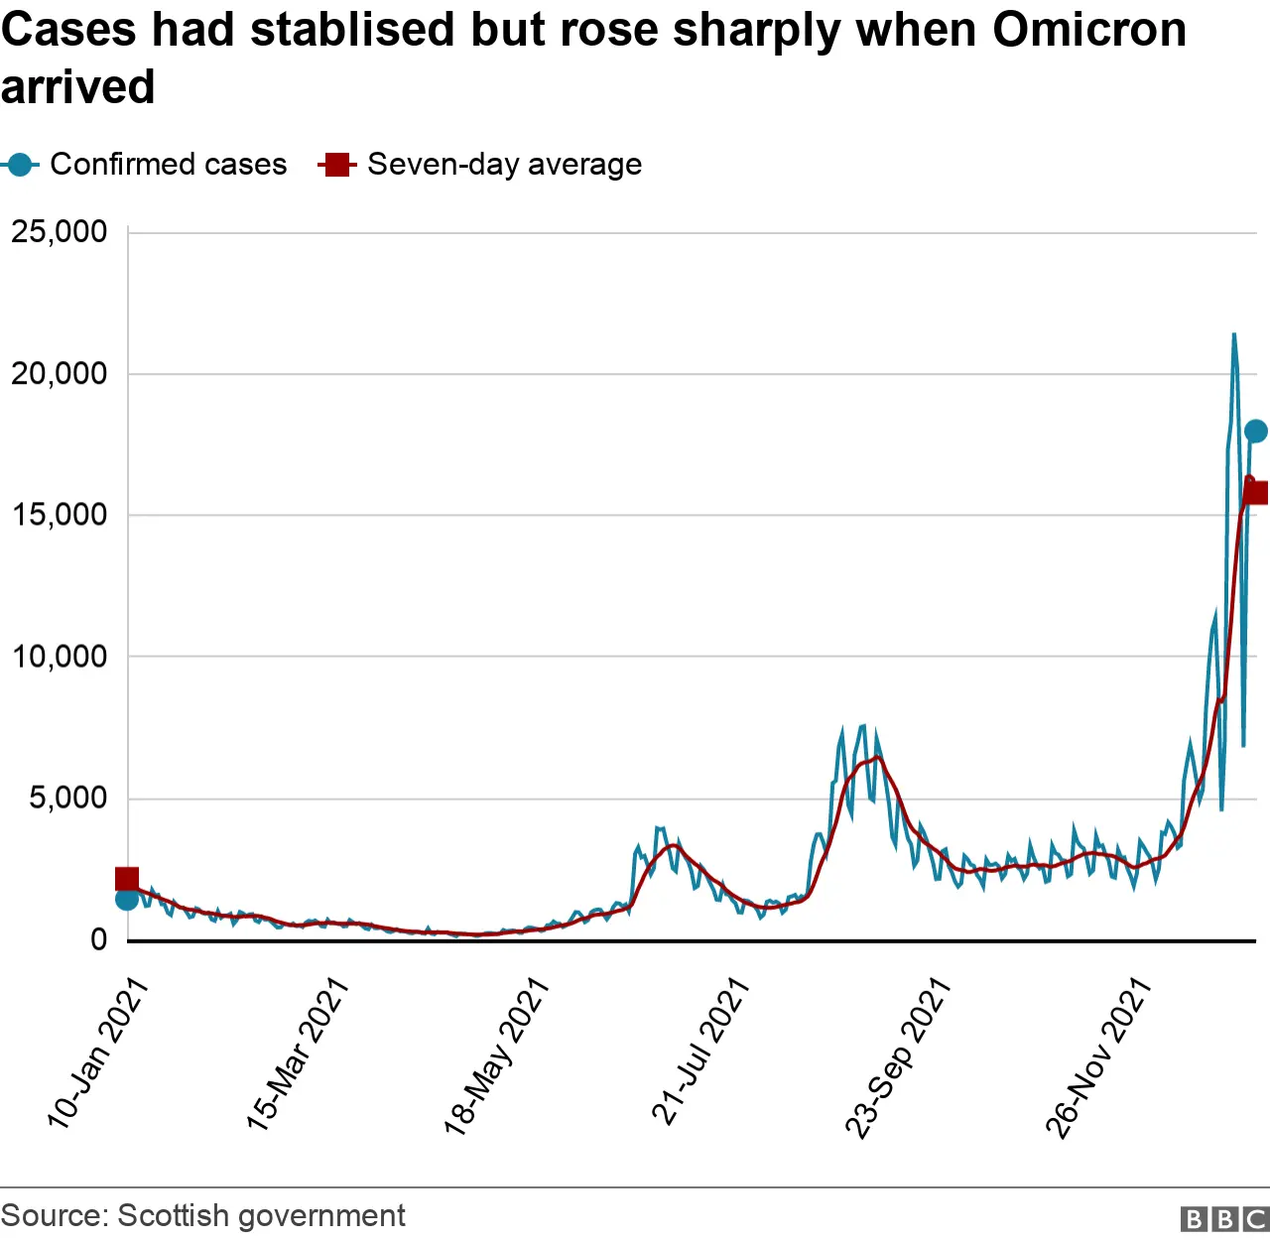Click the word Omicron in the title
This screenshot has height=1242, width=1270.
(1088, 30)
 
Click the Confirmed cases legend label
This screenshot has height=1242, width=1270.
(168, 165)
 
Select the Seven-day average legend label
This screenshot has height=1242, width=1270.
(504, 165)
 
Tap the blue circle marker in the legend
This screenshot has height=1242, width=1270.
(20, 165)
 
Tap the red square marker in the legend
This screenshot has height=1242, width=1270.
(337, 165)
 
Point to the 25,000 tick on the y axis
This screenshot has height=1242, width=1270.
(59, 232)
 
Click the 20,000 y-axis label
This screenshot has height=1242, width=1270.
(59, 374)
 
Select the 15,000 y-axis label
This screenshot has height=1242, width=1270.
(59, 515)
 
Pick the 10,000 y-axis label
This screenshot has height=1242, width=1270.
(59, 657)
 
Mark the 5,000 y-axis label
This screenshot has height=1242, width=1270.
(67, 798)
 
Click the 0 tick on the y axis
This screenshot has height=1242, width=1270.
(98, 939)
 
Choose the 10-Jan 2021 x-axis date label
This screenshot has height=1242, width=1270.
(97, 1054)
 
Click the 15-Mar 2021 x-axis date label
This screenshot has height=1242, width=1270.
(297, 1055)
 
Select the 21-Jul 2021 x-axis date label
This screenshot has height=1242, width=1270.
(699, 1052)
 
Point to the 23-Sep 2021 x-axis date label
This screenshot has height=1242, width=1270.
(898, 1057)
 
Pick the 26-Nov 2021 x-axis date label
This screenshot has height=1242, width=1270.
(1097, 1057)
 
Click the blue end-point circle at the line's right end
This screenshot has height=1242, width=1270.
(1255, 431)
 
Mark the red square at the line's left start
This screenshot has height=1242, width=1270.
(127, 879)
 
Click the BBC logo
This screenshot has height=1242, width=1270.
(1224, 1218)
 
